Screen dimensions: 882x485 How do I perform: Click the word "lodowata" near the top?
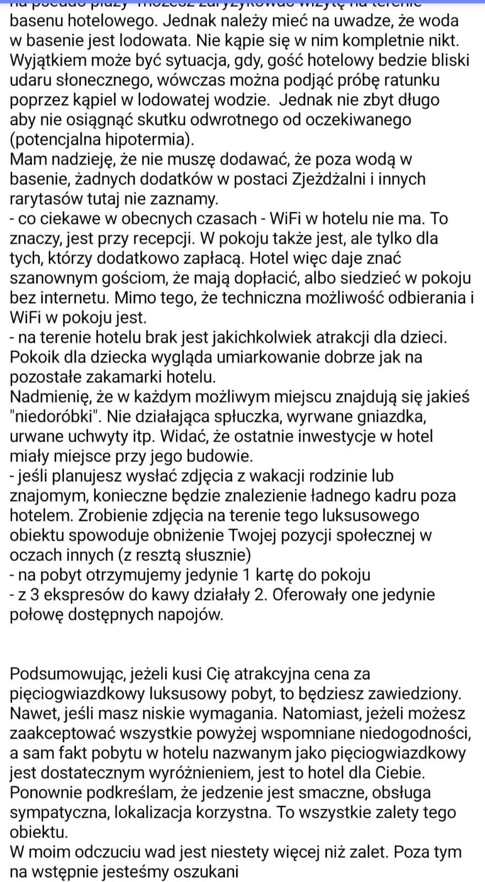[x=169, y=41]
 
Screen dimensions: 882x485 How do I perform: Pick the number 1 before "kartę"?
[x=247, y=576]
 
